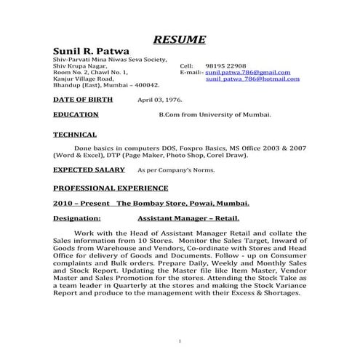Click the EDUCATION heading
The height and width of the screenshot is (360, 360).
[x=76, y=115]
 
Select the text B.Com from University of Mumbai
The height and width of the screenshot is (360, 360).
[x=215, y=115]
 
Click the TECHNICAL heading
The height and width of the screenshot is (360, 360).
[x=75, y=135]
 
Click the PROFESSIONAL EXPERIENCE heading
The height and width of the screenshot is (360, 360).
[x=111, y=188]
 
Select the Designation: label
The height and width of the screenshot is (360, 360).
[x=78, y=218]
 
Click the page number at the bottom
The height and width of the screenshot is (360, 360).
[x=180, y=340]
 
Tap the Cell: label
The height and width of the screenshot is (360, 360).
[x=186, y=66]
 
